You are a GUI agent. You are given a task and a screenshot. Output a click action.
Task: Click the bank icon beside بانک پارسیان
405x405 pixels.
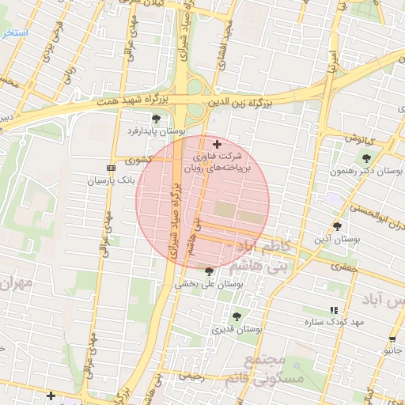pyautogui.click(x=110, y=168)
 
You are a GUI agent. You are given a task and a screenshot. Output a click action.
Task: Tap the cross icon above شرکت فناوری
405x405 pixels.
pyautogui.click(x=217, y=144)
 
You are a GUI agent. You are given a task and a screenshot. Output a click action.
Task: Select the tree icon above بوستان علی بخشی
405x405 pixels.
pyautogui.click(x=209, y=271)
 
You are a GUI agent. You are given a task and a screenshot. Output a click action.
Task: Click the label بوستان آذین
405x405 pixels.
pyautogui.click(x=338, y=238)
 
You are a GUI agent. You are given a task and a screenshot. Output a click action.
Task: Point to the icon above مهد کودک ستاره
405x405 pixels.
pyautogui.click(x=333, y=309)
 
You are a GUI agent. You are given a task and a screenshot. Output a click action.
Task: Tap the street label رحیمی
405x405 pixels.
pyautogui.click(x=191, y=377)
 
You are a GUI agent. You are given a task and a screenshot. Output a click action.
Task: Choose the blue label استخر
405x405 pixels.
pyautogui.click(x=14, y=33)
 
